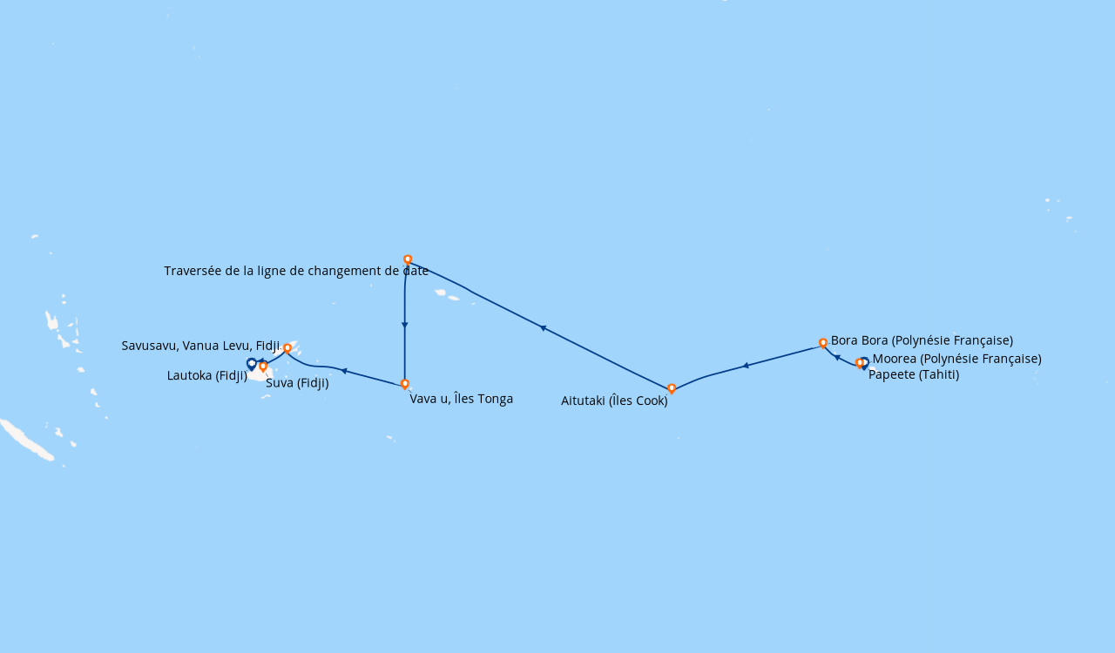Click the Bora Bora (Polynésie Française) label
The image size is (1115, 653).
pyautogui.click(x=922, y=341)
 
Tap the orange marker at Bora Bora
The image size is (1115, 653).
pyautogui.click(x=823, y=343)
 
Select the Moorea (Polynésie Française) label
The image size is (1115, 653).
pyautogui.click(x=956, y=359)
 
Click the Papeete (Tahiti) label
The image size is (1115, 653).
pyautogui.click(x=914, y=374)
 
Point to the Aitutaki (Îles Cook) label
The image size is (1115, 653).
pyautogui.click(x=614, y=401)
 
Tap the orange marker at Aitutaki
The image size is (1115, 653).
pyautogui.click(x=672, y=388)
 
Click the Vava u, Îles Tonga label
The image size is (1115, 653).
pyautogui.click(x=462, y=399)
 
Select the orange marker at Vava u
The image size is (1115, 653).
pyautogui.click(x=405, y=384)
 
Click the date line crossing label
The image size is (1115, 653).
pyautogui.click(x=296, y=271)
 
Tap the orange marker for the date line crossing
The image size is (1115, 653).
pyautogui.click(x=408, y=259)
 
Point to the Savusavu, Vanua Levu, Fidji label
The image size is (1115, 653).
pyautogui.click(x=200, y=346)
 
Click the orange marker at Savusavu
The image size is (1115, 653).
pyautogui.click(x=287, y=348)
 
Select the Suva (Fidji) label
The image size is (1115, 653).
pyautogui.click(x=297, y=383)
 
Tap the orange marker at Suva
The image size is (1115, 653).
pyautogui.click(x=263, y=367)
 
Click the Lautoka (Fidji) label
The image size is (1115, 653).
pyautogui.click(x=207, y=376)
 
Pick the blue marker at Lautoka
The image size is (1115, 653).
pyautogui.click(x=252, y=364)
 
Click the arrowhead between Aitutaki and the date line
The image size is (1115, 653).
pyautogui.click(x=543, y=327)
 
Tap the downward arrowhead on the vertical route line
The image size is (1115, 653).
pyautogui.click(x=405, y=326)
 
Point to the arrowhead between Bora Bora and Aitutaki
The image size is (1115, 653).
pyautogui.click(x=746, y=366)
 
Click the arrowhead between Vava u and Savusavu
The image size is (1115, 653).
pyautogui.click(x=343, y=371)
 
